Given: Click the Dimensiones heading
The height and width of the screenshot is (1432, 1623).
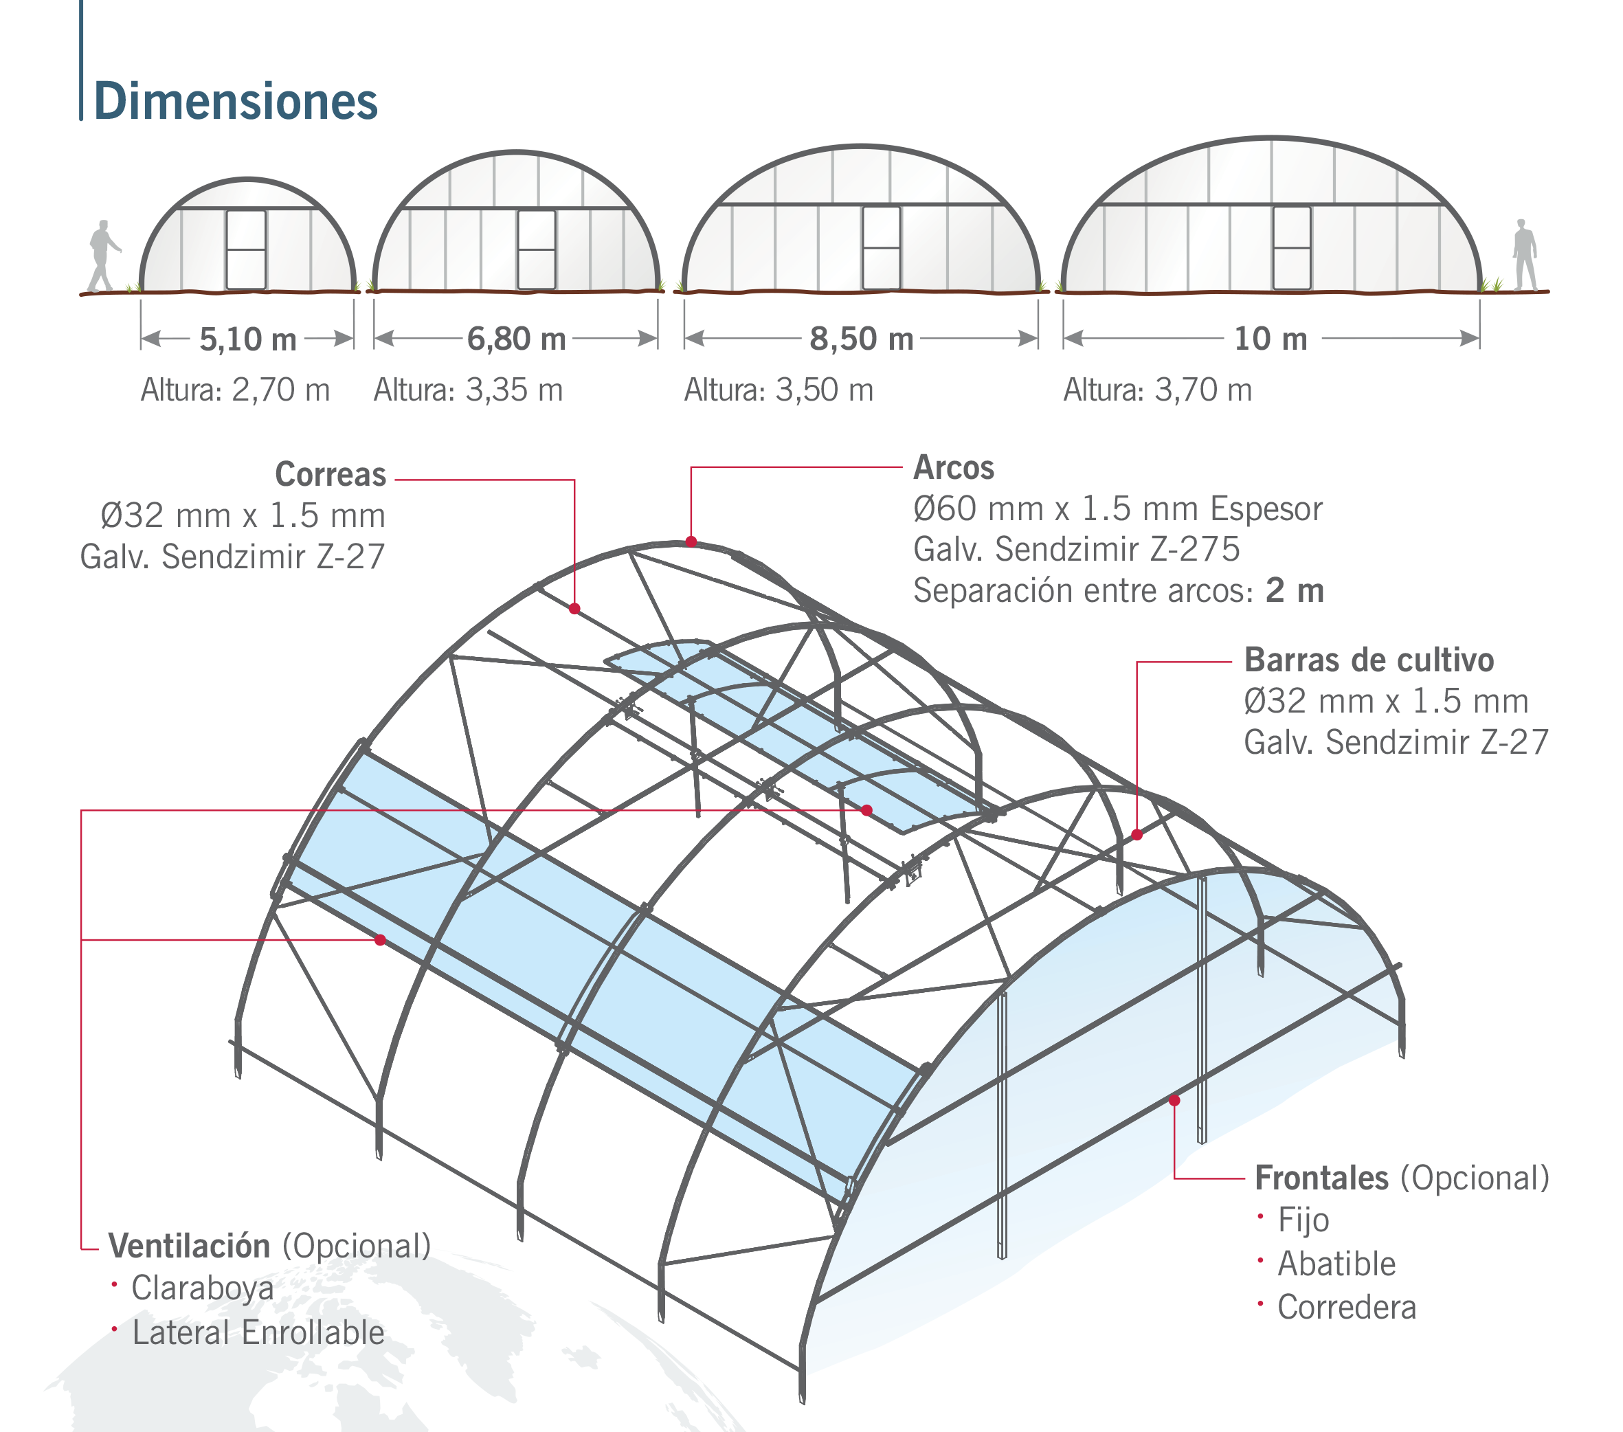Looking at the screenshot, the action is pyautogui.click(x=236, y=101).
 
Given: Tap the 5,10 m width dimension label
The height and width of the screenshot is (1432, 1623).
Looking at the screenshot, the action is pyautogui.click(x=248, y=339).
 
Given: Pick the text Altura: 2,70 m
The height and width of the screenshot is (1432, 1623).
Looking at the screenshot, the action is pyautogui.click(x=235, y=390).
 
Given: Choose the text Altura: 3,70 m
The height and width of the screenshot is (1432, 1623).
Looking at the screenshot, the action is pyautogui.click(x=1158, y=390).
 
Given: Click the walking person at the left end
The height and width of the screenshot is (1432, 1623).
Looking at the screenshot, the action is pyautogui.click(x=103, y=256).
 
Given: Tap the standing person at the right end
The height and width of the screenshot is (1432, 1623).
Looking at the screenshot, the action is pyautogui.click(x=1525, y=255).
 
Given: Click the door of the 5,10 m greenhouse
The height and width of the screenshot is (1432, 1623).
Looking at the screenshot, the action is pyautogui.click(x=246, y=249).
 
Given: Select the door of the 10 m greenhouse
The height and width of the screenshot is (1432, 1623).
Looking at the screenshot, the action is pyautogui.click(x=1292, y=248).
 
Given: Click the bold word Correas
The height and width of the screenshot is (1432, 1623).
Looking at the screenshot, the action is pyautogui.click(x=331, y=474).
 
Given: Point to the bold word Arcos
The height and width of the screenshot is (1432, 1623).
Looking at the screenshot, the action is pyautogui.click(x=954, y=467).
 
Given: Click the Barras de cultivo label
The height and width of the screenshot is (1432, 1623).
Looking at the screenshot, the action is pyautogui.click(x=1369, y=659).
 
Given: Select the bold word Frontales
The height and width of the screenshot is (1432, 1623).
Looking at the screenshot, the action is pyautogui.click(x=1322, y=1178).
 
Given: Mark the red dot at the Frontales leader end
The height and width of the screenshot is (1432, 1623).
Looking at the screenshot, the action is pyautogui.click(x=1174, y=1101).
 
